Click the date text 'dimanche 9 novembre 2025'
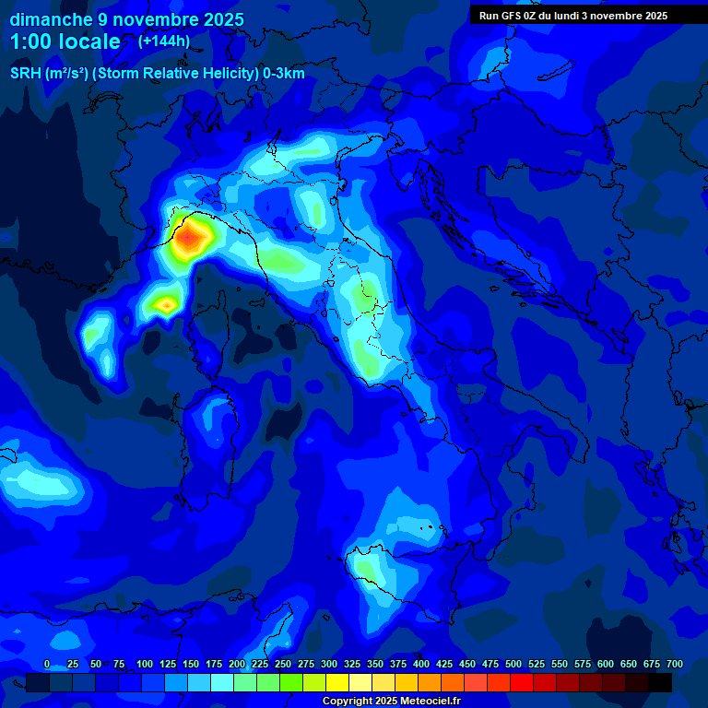pos(126,19)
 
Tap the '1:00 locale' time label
pos(65,41)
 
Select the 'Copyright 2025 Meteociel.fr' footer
pos(391,702)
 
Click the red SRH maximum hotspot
pos(190,239)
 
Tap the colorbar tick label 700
pos(674,665)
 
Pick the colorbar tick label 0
pos(47,665)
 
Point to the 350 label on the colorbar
pos(375,665)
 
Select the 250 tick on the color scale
pos(283,665)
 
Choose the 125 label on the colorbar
pos(168,665)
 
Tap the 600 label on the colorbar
pos(606,665)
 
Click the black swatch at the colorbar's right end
pos(660,682)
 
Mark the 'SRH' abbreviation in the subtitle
pos(25,74)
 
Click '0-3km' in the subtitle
pos(284,74)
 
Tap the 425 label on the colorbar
pos(444,665)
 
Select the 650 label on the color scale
pos(629,665)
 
